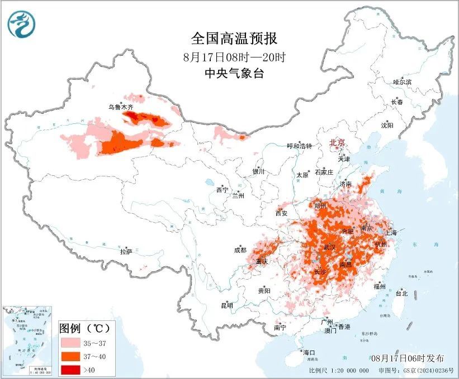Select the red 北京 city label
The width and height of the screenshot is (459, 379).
(x=337, y=142)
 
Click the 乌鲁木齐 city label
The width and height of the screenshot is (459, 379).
(x=121, y=107)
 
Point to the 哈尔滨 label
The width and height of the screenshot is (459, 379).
(x=402, y=82)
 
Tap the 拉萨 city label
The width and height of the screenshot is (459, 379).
(x=126, y=252)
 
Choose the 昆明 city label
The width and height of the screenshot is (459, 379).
(x=227, y=305)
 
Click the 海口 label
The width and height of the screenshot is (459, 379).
(x=309, y=353)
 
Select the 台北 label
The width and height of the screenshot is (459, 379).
(x=401, y=293)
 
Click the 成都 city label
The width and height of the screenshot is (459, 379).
(x=240, y=251)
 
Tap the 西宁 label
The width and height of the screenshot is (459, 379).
(x=222, y=190)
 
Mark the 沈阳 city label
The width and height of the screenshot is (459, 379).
(x=387, y=125)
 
